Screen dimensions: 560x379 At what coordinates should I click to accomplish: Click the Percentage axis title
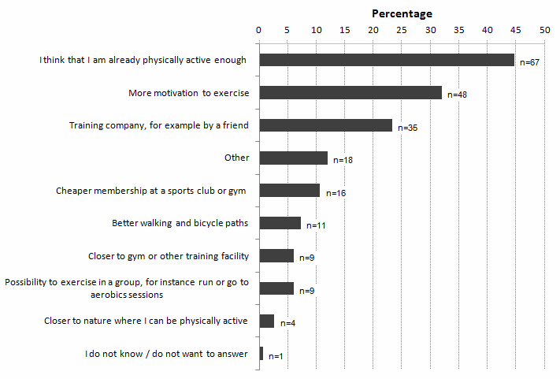[x=402, y=13]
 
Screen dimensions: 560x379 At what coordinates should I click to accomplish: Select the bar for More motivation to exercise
[x=350, y=92]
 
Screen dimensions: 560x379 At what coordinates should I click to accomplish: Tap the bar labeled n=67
[x=387, y=60]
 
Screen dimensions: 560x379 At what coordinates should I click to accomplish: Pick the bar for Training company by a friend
[x=326, y=125]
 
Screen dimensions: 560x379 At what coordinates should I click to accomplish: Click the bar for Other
[x=293, y=158]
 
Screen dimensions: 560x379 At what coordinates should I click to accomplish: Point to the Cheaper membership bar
[x=290, y=191]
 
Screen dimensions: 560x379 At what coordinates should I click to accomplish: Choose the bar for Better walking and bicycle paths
[x=280, y=223]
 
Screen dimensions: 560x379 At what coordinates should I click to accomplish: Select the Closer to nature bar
[x=267, y=321]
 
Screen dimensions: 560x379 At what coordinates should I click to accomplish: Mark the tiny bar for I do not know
[x=261, y=354]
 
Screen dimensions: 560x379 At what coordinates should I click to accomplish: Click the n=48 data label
[x=457, y=95]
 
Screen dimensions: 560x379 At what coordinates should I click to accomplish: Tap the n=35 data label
[x=407, y=128]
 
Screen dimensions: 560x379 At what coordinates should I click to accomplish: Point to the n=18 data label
[x=343, y=160]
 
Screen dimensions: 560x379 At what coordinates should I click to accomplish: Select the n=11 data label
[x=316, y=225]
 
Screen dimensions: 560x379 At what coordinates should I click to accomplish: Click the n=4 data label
[x=287, y=323]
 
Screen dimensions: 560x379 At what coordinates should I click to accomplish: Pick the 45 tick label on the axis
[x=516, y=30]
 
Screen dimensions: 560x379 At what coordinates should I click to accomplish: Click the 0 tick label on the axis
[x=258, y=30]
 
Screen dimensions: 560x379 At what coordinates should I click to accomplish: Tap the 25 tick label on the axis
[x=402, y=30]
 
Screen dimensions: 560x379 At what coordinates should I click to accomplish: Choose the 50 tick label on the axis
[x=545, y=30]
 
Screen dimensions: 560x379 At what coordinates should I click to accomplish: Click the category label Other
[x=237, y=158]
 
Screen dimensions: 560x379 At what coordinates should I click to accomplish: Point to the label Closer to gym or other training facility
[x=169, y=256]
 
